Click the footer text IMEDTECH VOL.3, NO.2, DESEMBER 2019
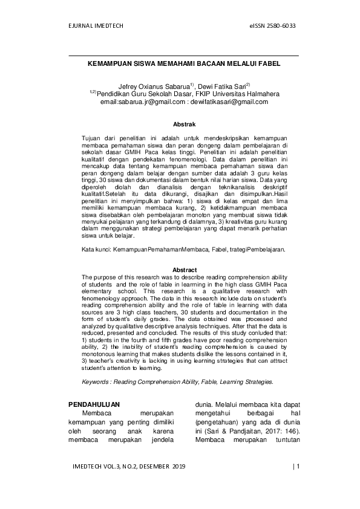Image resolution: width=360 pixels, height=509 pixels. click(129, 466)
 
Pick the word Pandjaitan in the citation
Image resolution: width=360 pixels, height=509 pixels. click(227, 438)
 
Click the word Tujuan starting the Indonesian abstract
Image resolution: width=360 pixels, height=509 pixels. click(93, 139)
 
